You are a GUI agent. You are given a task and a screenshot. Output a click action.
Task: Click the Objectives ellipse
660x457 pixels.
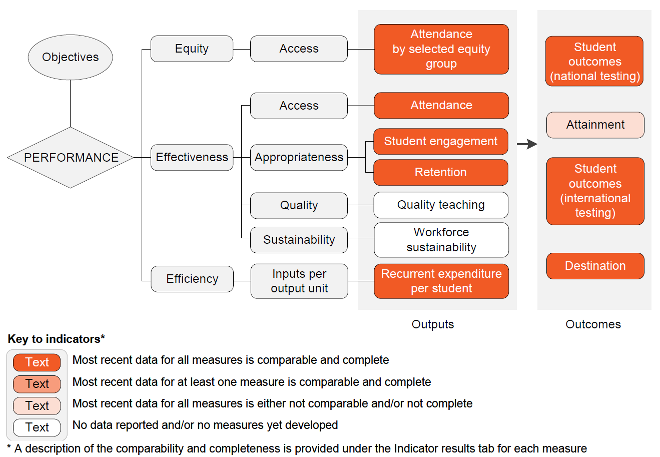[70, 57]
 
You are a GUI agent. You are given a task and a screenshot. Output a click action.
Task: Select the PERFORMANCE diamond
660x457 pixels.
[71, 158]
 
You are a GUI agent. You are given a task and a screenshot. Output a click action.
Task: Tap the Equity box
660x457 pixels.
[192, 49]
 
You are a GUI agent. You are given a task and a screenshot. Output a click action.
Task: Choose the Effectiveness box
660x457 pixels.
[192, 157]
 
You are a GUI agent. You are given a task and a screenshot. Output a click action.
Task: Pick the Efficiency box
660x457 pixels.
[192, 279]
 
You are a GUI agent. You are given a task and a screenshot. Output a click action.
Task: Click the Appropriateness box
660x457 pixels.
[299, 157]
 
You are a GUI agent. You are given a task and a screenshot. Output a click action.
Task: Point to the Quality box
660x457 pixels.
[299, 205]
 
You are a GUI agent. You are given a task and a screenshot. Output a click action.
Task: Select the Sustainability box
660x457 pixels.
[299, 240]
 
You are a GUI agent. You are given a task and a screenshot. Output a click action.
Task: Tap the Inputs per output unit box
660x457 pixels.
[299, 281]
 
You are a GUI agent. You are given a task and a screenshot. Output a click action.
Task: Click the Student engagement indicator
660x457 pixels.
[441, 141]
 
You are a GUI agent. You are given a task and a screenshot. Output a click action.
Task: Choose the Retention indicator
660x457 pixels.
[441, 172]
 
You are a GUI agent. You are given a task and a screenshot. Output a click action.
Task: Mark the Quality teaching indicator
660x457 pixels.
[441, 205]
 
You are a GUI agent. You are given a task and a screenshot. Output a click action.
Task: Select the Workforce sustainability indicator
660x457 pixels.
[441, 240]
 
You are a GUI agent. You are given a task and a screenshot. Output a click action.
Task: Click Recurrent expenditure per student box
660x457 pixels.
[441, 281]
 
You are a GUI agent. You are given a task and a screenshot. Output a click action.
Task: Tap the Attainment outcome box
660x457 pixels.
[595, 125]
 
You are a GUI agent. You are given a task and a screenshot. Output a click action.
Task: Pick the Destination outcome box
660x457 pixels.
[595, 266]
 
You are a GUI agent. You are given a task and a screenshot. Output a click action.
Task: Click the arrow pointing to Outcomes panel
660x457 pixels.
[526, 144]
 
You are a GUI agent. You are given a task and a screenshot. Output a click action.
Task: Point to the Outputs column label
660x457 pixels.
[433, 324]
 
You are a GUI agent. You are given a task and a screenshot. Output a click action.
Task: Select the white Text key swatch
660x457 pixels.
[37, 427]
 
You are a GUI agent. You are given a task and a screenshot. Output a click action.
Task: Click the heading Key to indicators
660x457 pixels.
[56, 339]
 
